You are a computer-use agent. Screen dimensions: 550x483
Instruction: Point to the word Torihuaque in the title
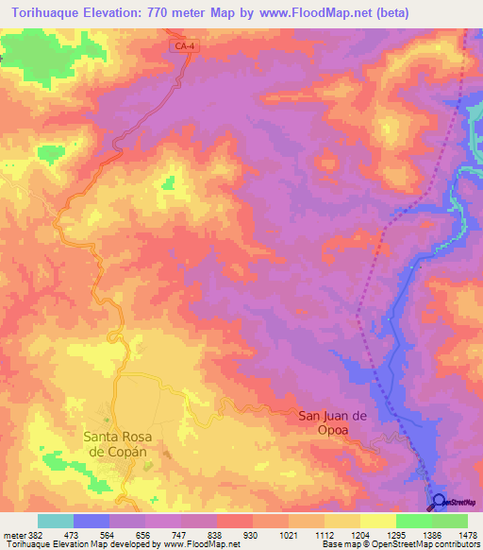click(44, 13)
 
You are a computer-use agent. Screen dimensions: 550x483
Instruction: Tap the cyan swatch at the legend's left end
click(56, 521)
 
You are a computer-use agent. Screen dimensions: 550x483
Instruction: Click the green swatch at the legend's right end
click(450, 521)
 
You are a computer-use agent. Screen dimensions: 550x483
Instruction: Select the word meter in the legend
click(13, 534)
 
